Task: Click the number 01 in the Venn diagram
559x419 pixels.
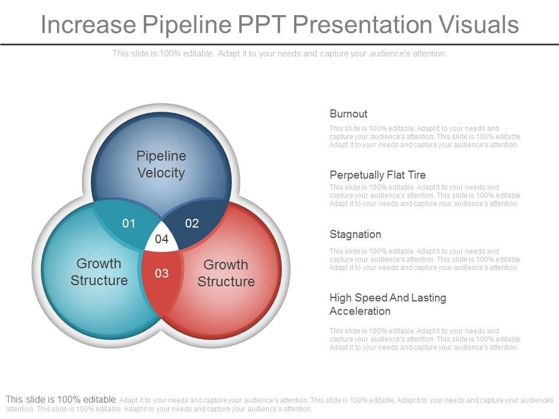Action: click(129, 223)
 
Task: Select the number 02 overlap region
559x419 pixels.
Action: click(192, 223)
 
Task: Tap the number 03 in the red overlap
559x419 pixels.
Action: click(161, 273)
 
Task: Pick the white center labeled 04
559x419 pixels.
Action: click(161, 239)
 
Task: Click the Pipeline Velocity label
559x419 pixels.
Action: click(161, 164)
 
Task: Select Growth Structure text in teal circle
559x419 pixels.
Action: click(99, 272)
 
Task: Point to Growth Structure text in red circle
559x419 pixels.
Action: click(226, 273)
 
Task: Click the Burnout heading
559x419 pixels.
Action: click(348, 114)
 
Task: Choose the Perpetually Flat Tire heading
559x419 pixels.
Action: click(377, 175)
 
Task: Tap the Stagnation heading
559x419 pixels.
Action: click(355, 235)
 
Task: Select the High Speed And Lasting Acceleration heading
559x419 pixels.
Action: click(387, 304)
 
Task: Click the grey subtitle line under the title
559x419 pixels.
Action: click(279, 54)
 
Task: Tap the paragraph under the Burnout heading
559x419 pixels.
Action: click(425, 137)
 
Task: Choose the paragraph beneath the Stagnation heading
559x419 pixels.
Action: click(425, 260)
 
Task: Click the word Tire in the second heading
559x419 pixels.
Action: click(416, 175)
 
